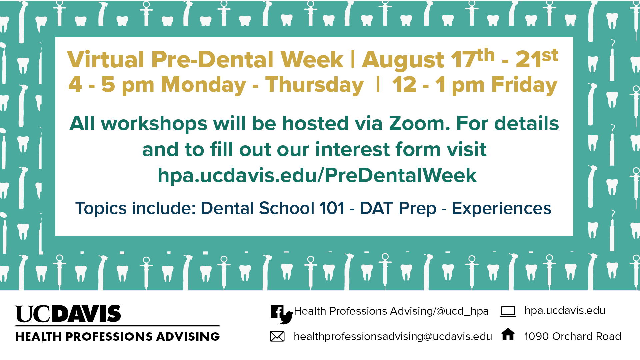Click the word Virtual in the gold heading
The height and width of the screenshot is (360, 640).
106,60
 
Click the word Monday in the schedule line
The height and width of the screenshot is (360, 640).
203,85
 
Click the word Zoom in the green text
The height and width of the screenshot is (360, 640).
419,123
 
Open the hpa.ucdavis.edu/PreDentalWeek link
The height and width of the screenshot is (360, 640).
317,175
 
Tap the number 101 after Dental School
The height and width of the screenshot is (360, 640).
332,208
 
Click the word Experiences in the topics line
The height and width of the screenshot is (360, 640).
501,208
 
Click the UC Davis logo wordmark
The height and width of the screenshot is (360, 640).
68,314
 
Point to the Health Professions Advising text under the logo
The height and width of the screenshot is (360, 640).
118,337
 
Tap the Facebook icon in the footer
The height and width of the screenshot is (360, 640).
277,312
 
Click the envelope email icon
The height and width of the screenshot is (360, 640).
277,336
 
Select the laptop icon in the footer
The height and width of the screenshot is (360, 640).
508,312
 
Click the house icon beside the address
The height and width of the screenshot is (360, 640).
508,334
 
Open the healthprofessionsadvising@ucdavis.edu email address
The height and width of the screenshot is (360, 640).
393,337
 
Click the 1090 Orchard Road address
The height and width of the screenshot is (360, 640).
572,336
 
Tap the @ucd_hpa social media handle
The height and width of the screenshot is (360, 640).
462,311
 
